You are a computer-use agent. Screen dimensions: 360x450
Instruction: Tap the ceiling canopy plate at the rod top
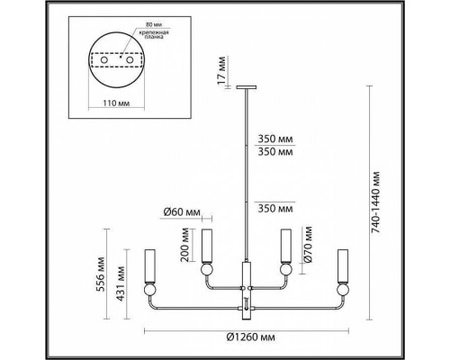point(247,88)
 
